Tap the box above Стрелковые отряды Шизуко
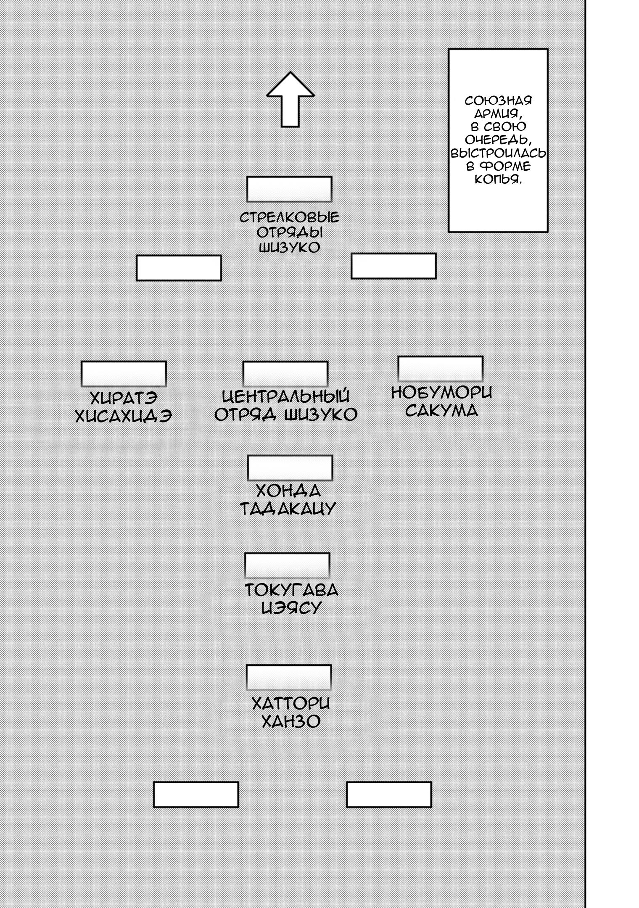pos(289,189)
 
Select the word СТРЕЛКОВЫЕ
pos(289,218)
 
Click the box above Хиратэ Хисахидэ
pos(124,374)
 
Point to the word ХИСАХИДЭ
pos(123,416)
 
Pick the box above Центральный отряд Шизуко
pos(285,374)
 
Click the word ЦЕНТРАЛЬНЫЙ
pos(286,396)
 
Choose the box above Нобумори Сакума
pos(441,369)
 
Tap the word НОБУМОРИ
pos(441,393)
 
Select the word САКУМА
pos(441,410)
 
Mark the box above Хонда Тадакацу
pos(290,467)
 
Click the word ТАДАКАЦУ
pos(288,509)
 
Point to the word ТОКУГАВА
pos(291,590)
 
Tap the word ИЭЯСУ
pos(291,608)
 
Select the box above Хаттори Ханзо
pos(289,677)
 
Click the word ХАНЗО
pos(291,721)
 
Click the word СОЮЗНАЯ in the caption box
pos(498,101)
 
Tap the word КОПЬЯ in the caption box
pos(498,179)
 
